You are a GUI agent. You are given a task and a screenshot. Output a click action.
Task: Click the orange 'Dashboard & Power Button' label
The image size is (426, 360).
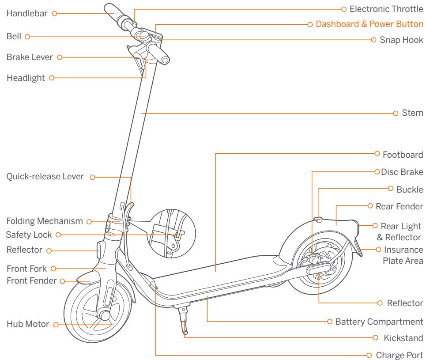(369, 24)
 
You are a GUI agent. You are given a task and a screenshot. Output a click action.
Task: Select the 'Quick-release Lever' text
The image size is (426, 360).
(44, 177)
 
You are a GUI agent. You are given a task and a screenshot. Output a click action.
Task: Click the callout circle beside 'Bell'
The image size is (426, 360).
(27, 36)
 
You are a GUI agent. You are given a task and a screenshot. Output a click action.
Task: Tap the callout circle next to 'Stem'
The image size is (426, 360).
(396, 113)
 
